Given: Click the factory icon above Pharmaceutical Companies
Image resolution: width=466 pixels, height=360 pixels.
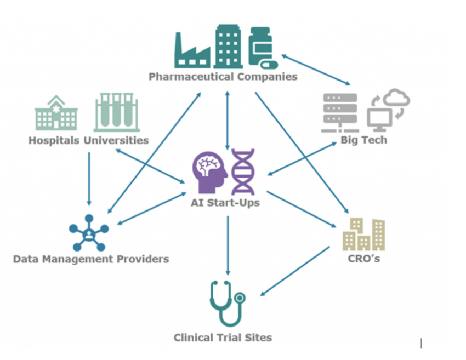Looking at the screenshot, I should (x=192, y=50).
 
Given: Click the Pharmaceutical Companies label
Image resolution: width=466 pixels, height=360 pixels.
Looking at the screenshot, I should (x=223, y=77).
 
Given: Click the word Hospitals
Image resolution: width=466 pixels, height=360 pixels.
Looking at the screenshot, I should (x=54, y=140).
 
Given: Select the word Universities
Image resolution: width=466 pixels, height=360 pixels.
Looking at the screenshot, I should (x=116, y=140).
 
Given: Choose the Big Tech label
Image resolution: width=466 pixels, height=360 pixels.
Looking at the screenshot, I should (x=363, y=140).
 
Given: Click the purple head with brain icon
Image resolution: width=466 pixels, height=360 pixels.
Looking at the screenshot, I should (x=210, y=172).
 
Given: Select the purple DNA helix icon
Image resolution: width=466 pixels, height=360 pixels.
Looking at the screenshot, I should (x=242, y=172).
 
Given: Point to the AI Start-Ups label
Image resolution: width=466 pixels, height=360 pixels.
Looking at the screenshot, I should (x=226, y=203).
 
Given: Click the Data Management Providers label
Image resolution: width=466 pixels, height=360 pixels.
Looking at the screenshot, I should (x=91, y=259).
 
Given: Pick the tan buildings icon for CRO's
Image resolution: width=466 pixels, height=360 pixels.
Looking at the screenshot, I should (x=363, y=233).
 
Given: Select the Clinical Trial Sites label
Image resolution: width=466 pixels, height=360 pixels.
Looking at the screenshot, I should (x=223, y=338).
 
